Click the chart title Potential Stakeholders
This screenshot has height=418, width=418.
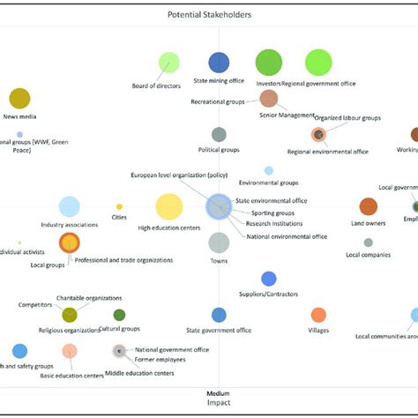[209, 15]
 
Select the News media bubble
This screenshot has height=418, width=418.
[19, 99]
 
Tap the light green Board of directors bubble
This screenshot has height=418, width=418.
[168, 63]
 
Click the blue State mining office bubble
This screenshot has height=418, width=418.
[219, 63]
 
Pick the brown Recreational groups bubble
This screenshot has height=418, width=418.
[269, 99]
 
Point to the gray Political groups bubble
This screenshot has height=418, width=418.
[219, 134]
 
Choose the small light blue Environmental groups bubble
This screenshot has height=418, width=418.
[269, 170]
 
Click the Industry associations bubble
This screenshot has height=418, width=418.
[69, 207]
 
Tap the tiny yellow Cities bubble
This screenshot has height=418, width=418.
[119, 207]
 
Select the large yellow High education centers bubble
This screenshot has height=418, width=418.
[168, 207]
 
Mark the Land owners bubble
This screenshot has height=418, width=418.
[369, 206]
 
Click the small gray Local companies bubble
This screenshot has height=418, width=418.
[369, 243]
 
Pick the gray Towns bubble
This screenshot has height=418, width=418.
[219, 243]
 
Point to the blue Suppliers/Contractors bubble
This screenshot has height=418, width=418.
[269, 279]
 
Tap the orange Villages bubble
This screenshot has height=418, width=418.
[318, 315]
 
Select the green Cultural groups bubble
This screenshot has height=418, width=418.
[119, 315]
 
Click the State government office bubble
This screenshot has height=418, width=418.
[219, 315]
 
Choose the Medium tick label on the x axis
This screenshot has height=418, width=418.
[219, 393]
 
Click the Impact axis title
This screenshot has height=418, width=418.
[219, 404]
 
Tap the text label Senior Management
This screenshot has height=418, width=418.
[287, 115]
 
